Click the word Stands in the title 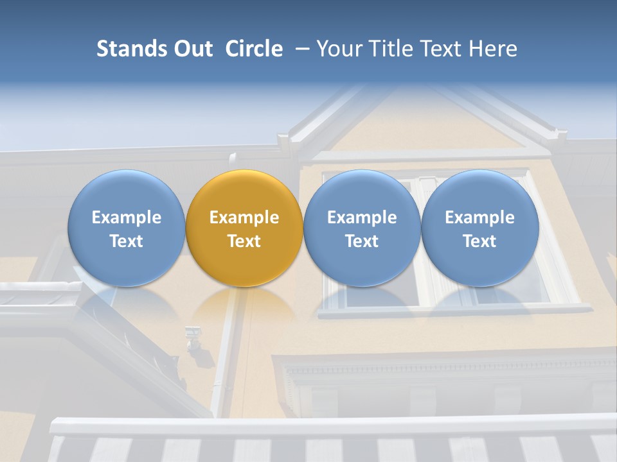(131, 49)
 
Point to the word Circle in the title (254, 49)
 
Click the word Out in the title (192, 49)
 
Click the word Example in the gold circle (244, 218)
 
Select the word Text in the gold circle (244, 241)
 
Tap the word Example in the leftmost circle (126, 218)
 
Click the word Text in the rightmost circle (479, 241)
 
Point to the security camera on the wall (192, 336)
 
